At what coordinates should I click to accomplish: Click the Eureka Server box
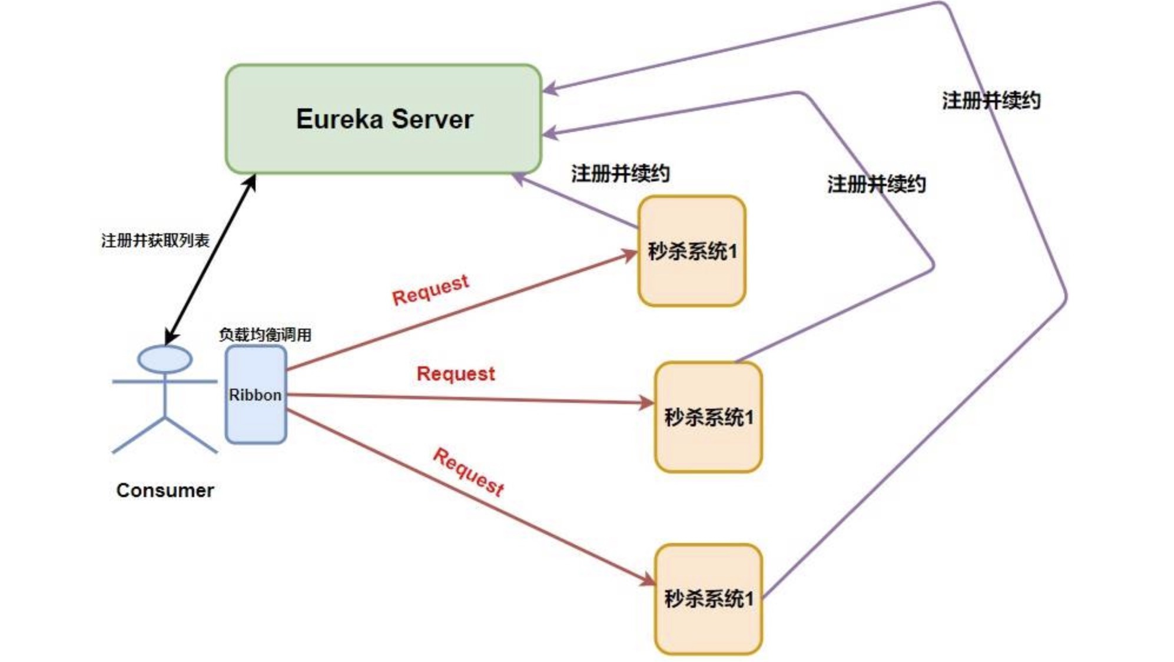tap(383, 119)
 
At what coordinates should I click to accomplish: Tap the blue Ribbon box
tap(256, 394)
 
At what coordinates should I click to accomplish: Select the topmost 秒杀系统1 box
tap(692, 251)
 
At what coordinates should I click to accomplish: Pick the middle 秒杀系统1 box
tap(708, 417)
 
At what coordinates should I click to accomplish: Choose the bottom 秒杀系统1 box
tap(708, 598)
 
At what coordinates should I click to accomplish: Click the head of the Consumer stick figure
tap(165, 359)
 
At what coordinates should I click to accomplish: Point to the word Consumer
tap(165, 490)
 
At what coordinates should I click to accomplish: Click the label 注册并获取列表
tap(155, 240)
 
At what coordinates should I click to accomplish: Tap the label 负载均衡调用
tap(265, 335)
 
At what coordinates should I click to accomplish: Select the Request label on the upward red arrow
tap(430, 290)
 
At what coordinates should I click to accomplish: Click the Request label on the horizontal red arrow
tap(456, 373)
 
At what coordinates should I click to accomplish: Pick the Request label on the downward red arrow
tap(469, 472)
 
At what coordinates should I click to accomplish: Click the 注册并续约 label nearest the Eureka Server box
tap(620, 173)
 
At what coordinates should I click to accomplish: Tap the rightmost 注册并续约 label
tap(991, 100)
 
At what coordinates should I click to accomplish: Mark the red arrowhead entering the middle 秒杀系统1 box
tap(648, 403)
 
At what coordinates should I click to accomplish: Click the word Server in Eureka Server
tap(432, 119)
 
